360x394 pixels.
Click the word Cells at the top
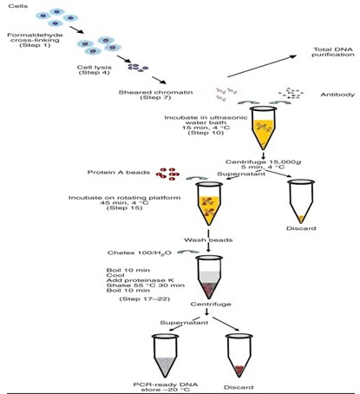(x=18, y=6)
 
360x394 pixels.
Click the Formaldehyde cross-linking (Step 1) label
(x=35, y=40)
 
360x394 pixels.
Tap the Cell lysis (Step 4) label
(x=95, y=69)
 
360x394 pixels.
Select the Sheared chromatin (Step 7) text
(x=155, y=95)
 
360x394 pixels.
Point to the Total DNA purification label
(x=333, y=52)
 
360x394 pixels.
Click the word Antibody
(x=337, y=95)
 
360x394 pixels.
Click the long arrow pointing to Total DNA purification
(x=262, y=66)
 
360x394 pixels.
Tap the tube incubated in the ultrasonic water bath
(x=263, y=128)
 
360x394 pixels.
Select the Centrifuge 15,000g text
(x=263, y=162)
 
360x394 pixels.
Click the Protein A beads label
(x=119, y=173)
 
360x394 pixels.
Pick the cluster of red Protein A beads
(x=167, y=174)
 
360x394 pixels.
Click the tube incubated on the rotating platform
(x=209, y=203)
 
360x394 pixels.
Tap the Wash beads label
(x=208, y=240)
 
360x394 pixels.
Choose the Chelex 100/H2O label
(x=140, y=253)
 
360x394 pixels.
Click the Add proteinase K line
(x=140, y=280)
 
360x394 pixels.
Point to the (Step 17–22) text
(x=145, y=299)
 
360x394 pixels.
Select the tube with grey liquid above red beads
(x=209, y=277)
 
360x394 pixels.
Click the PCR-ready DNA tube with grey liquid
(x=166, y=356)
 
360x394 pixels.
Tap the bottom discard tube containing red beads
(x=239, y=356)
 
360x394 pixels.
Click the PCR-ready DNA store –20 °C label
(x=166, y=387)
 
